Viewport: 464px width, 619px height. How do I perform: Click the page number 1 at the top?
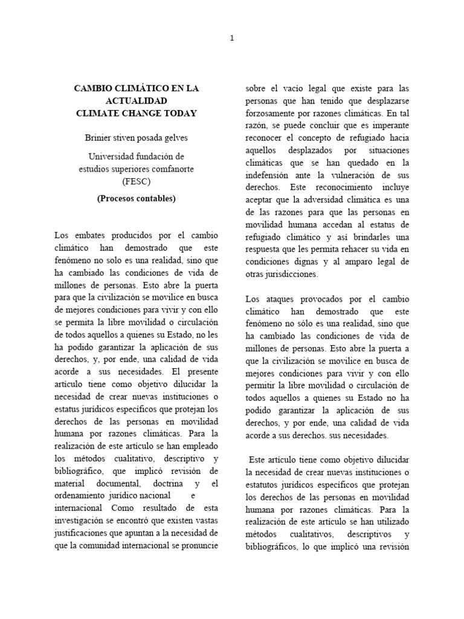(x=231, y=38)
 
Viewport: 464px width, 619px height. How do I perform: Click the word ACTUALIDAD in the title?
(x=136, y=100)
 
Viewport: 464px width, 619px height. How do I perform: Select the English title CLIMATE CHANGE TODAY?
(x=136, y=113)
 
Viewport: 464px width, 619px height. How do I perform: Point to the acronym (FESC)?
(x=136, y=181)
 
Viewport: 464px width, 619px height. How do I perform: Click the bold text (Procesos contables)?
(x=136, y=198)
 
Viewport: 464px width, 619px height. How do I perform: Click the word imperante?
(x=390, y=125)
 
